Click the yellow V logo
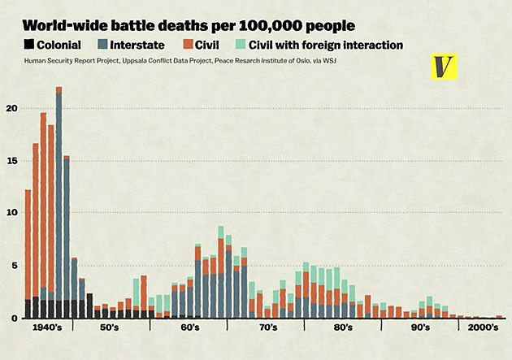point(444,67)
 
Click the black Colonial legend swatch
point(30,45)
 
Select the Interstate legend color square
point(104,45)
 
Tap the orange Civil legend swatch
point(187,45)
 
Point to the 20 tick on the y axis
point(11,107)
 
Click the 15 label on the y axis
point(11,160)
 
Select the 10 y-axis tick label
point(11,213)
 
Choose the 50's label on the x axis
point(110,327)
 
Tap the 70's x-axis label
point(266,327)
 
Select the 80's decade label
point(342,327)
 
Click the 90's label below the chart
point(419,327)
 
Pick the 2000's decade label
point(480,327)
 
